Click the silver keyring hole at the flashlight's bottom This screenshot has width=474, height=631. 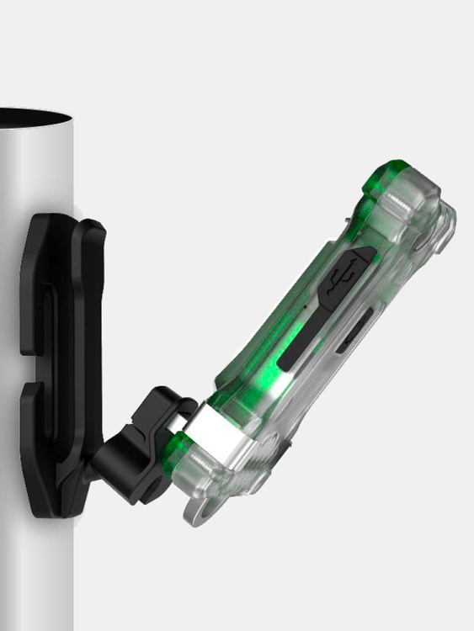(202, 512)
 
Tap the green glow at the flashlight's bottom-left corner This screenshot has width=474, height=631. (178, 445)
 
